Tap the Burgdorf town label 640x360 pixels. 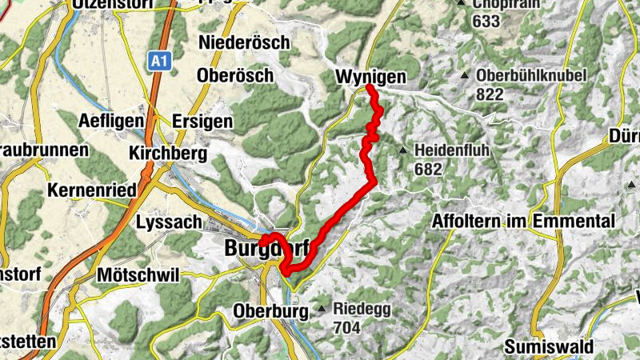point(264,249)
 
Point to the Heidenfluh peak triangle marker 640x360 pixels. point(403,150)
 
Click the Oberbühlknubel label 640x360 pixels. point(531,76)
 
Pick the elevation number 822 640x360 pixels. point(490,94)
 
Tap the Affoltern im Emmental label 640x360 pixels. point(524,222)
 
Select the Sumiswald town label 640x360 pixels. point(548,347)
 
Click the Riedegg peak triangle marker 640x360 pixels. point(322,308)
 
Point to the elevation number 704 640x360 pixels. point(349,326)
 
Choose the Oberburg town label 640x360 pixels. point(270,310)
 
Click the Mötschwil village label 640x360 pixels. point(138,274)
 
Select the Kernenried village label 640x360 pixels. point(93,190)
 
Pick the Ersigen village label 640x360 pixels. point(202,122)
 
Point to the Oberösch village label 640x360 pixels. point(235,75)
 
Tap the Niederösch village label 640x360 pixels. point(244,42)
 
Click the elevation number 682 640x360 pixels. point(429,169)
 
